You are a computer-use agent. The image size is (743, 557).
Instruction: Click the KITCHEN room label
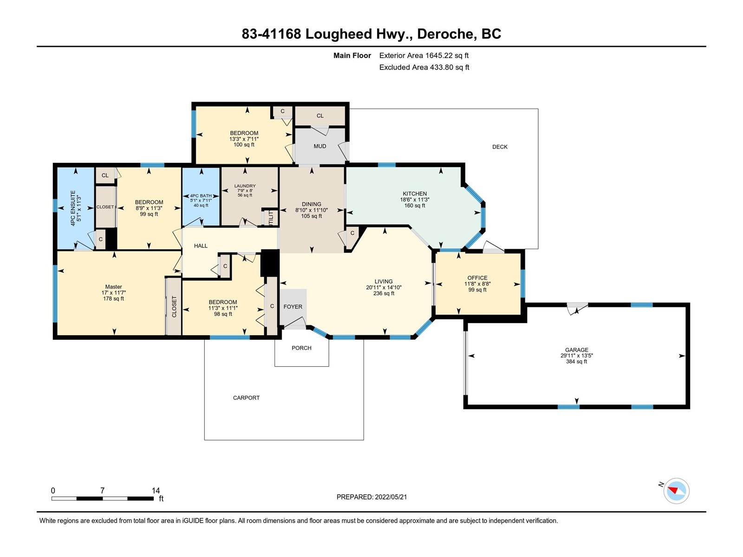pos(415,194)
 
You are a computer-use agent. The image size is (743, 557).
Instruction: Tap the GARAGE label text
pos(576,350)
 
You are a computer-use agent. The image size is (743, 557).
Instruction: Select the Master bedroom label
pos(113,287)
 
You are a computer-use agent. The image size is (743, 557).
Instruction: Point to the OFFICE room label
pos(477,278)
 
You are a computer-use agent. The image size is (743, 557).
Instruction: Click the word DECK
pos(500,147)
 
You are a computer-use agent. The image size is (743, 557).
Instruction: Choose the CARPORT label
pos(246,398)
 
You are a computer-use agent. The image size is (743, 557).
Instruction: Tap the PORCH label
pos(301,348)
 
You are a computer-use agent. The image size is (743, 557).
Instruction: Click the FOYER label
pos(293,307)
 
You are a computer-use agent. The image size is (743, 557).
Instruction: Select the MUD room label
pos(319,146)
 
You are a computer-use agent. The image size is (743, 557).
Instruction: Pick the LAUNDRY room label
pos(245,186)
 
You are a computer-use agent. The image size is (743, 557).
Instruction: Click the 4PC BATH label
pos(201,196)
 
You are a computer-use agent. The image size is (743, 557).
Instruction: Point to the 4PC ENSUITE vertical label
pos(73,208)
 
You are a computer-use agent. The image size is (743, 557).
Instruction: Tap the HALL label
pos(201,246)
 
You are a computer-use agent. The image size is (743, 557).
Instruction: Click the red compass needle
pos(672,490)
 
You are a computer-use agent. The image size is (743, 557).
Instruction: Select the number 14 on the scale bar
pos(156,490)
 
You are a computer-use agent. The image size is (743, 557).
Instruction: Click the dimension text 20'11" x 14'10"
pos(384,287)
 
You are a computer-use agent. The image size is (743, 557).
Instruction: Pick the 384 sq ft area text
pos(576,362)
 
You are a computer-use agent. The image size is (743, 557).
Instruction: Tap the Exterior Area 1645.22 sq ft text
pos(424,55)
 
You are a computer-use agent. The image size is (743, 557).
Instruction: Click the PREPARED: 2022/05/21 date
pos(371,497)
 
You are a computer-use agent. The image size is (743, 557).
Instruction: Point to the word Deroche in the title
pos(445,34)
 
